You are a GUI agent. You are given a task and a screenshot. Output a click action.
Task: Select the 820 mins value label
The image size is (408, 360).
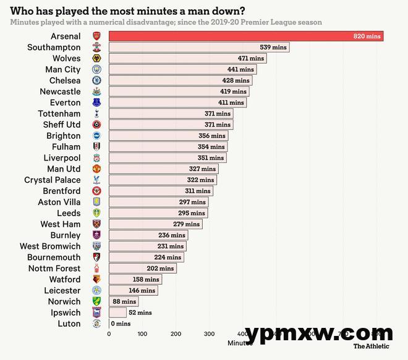click(x=367, y=36)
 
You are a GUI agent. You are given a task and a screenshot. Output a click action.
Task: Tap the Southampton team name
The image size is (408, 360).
click(x=54, y=47)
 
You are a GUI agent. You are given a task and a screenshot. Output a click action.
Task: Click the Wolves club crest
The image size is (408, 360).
click(x=96, y=58)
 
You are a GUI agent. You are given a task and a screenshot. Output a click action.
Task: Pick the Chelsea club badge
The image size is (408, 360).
click(x=96, y=80)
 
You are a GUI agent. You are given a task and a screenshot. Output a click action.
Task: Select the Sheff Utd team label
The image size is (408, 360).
click(x=62, y=125)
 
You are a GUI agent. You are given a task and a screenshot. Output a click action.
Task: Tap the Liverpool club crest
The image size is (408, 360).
click(x=96, y=157)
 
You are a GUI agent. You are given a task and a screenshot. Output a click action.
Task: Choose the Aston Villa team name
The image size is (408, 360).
click(x=59, y=202)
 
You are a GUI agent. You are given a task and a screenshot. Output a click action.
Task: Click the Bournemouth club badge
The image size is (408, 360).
click(x=96, y=257)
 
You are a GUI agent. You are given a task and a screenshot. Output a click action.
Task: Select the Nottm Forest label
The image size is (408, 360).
click(x=54, y=268)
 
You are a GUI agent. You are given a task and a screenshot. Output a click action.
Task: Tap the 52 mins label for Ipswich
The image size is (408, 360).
click(x=140, y=312)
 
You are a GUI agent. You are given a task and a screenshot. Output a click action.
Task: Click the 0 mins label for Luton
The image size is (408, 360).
click(x=121, y=324)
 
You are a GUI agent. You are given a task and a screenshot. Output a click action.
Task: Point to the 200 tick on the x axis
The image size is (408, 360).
click(x=176, y=334)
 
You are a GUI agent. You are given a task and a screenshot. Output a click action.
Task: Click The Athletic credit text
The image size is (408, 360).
click(x=372, y=346)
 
